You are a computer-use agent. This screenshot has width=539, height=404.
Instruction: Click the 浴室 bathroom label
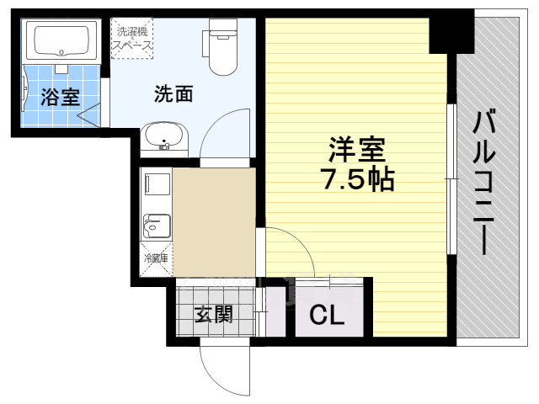coord(61,97)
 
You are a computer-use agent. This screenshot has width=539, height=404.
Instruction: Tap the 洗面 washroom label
coord(173,93)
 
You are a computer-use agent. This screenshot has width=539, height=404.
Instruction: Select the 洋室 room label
coord(357,150)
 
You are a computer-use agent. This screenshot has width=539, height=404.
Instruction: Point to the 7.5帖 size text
coord(357,178)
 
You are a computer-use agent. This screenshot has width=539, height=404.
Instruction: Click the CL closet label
coord(327,315)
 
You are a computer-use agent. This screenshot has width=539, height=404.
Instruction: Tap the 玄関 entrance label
coord(214,314)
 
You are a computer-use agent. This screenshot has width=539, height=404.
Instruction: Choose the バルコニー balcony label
coord(484,182)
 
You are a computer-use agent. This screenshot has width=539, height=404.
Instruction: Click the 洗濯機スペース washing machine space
coord(131,38)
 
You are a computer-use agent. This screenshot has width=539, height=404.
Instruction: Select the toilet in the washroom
coord(221,46)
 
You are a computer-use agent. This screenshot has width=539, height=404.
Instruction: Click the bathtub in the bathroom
coord(61,41)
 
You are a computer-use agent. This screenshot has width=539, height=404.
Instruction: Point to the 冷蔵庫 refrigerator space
coord(156,259)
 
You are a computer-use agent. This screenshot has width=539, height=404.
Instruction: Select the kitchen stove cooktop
coord(157,184)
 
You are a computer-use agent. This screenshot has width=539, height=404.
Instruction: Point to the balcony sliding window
coord(451,178)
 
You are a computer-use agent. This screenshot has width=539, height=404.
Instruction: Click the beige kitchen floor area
coord(214,222)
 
